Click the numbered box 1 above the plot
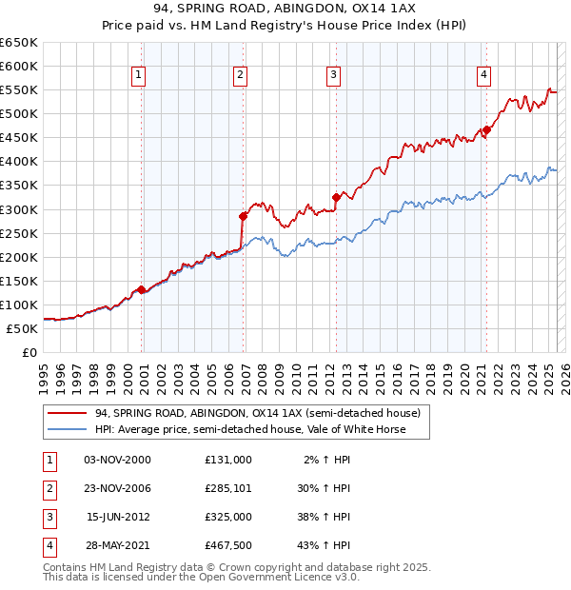click(x=139, y=75)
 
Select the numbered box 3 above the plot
click(x=333, y=75)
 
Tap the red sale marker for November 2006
click(x=243, y=216)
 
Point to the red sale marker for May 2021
click(x=486, y=129)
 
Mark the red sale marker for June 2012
click(x=336, y=197)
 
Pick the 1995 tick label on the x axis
click(x=44, y=377)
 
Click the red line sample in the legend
click(x=67, y=413)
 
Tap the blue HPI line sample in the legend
click(x=67, y=429)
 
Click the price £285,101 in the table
click(x=228, y=488)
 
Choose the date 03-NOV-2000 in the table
click(x=118, y=460)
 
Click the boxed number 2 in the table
click(x=49, y=488)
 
